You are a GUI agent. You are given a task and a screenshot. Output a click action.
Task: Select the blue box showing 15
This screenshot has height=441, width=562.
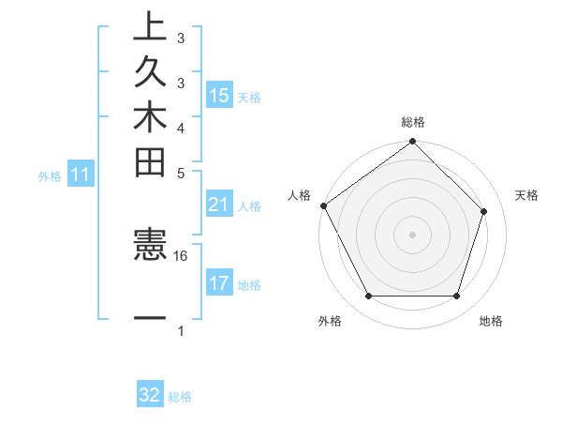(219, 96)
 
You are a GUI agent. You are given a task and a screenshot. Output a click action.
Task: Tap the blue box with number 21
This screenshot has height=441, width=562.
(219, 205)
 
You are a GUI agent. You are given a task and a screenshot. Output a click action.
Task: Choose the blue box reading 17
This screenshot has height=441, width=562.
(219, 283)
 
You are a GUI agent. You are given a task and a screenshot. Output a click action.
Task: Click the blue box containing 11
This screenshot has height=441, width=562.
(81, 175)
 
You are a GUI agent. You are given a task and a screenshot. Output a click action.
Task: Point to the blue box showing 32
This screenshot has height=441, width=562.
(150, 395)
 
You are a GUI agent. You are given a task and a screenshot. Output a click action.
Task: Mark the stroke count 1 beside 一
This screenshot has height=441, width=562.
(181, 330)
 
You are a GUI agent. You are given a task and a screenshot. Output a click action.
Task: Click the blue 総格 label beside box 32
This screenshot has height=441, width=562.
(180, 397)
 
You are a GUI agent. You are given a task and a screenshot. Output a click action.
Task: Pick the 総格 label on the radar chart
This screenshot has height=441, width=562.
(413, 122)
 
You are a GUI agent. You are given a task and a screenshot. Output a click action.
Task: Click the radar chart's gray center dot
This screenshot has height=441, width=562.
(413, 234)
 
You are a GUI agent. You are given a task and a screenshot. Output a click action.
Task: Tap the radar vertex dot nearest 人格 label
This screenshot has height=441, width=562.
(324, 205)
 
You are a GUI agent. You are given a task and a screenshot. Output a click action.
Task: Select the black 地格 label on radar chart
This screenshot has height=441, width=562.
(491, 322)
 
